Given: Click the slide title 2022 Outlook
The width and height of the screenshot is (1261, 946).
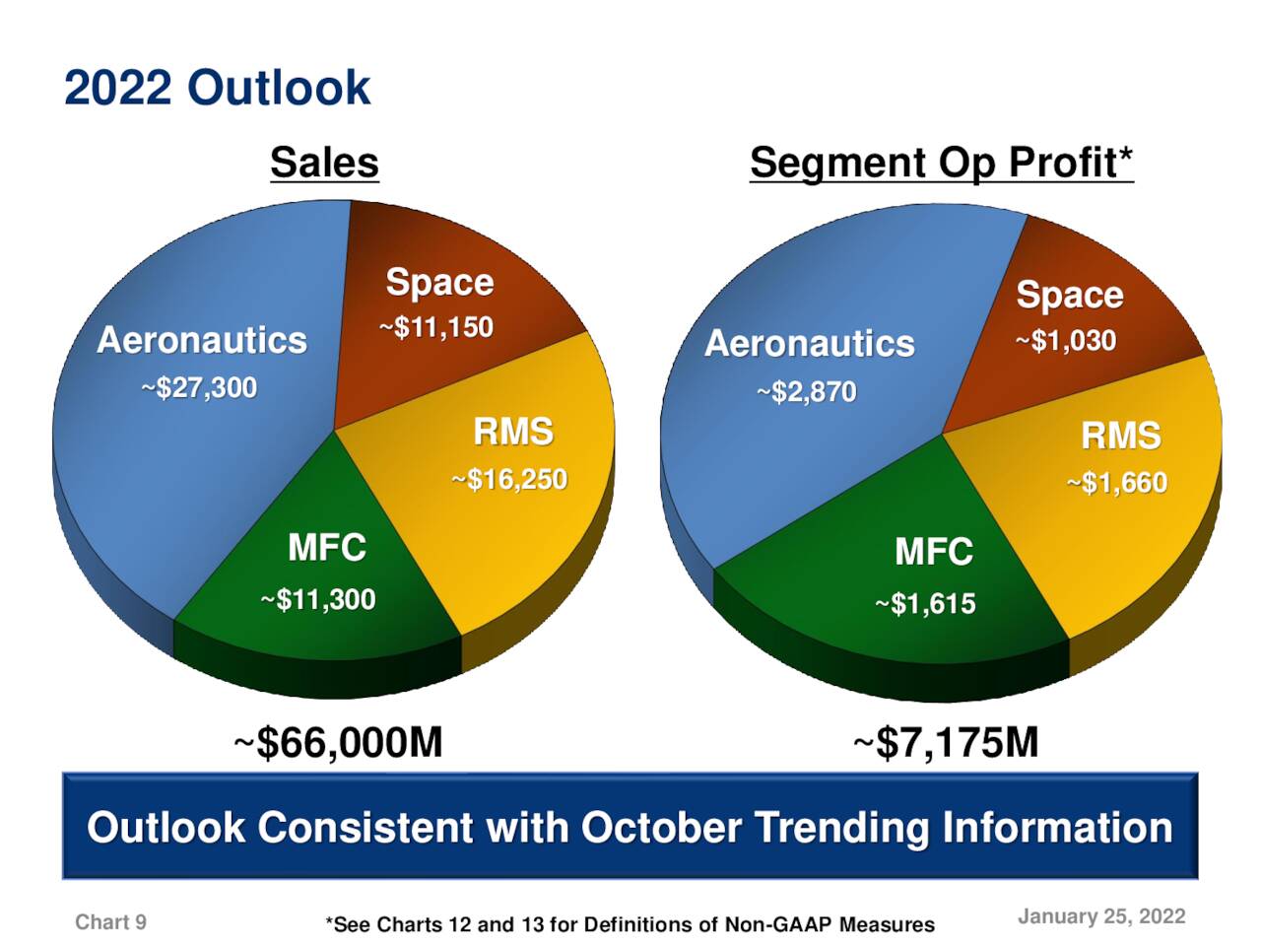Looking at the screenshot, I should [x=217, y=88].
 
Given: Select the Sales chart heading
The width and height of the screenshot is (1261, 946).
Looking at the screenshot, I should [x=324, y=163].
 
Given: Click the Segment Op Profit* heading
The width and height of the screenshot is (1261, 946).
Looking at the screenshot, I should [x=941, y=163].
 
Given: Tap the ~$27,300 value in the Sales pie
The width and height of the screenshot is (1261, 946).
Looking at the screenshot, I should [x=199, y=387].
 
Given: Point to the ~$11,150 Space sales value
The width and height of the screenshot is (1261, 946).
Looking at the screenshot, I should [x=436, y=327].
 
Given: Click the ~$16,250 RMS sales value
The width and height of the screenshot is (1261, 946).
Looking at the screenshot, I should [x=509, y=480].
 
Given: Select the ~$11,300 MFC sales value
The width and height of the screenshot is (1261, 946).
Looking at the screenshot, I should [x=318, y=599].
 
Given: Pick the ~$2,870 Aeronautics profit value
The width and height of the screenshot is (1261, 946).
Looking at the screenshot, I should [x=807, y=392].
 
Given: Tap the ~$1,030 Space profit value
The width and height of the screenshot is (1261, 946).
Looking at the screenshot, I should [x=1066, y=341].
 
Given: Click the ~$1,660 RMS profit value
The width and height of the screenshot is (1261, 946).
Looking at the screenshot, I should [x=1117, y=483].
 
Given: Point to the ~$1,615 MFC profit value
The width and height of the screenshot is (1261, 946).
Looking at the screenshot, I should [x=926, y=603].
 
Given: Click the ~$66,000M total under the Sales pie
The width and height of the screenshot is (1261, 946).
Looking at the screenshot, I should [x=338, y=742].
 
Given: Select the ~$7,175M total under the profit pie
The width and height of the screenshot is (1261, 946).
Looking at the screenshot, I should [x=946, y=742].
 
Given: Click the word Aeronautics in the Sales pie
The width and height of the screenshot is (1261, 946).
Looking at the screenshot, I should [x=202, y=340].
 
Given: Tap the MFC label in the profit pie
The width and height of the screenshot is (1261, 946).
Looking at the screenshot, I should [x=933, y=552].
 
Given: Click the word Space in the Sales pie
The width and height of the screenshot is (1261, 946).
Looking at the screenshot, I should [x=439, y=282].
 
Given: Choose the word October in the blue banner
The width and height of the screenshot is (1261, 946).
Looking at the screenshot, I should [x=660, y=828].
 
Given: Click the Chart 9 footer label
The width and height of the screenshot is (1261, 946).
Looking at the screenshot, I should [x=110, y=922].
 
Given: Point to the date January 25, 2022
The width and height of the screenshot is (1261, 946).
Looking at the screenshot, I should [x=1100, y=916].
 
